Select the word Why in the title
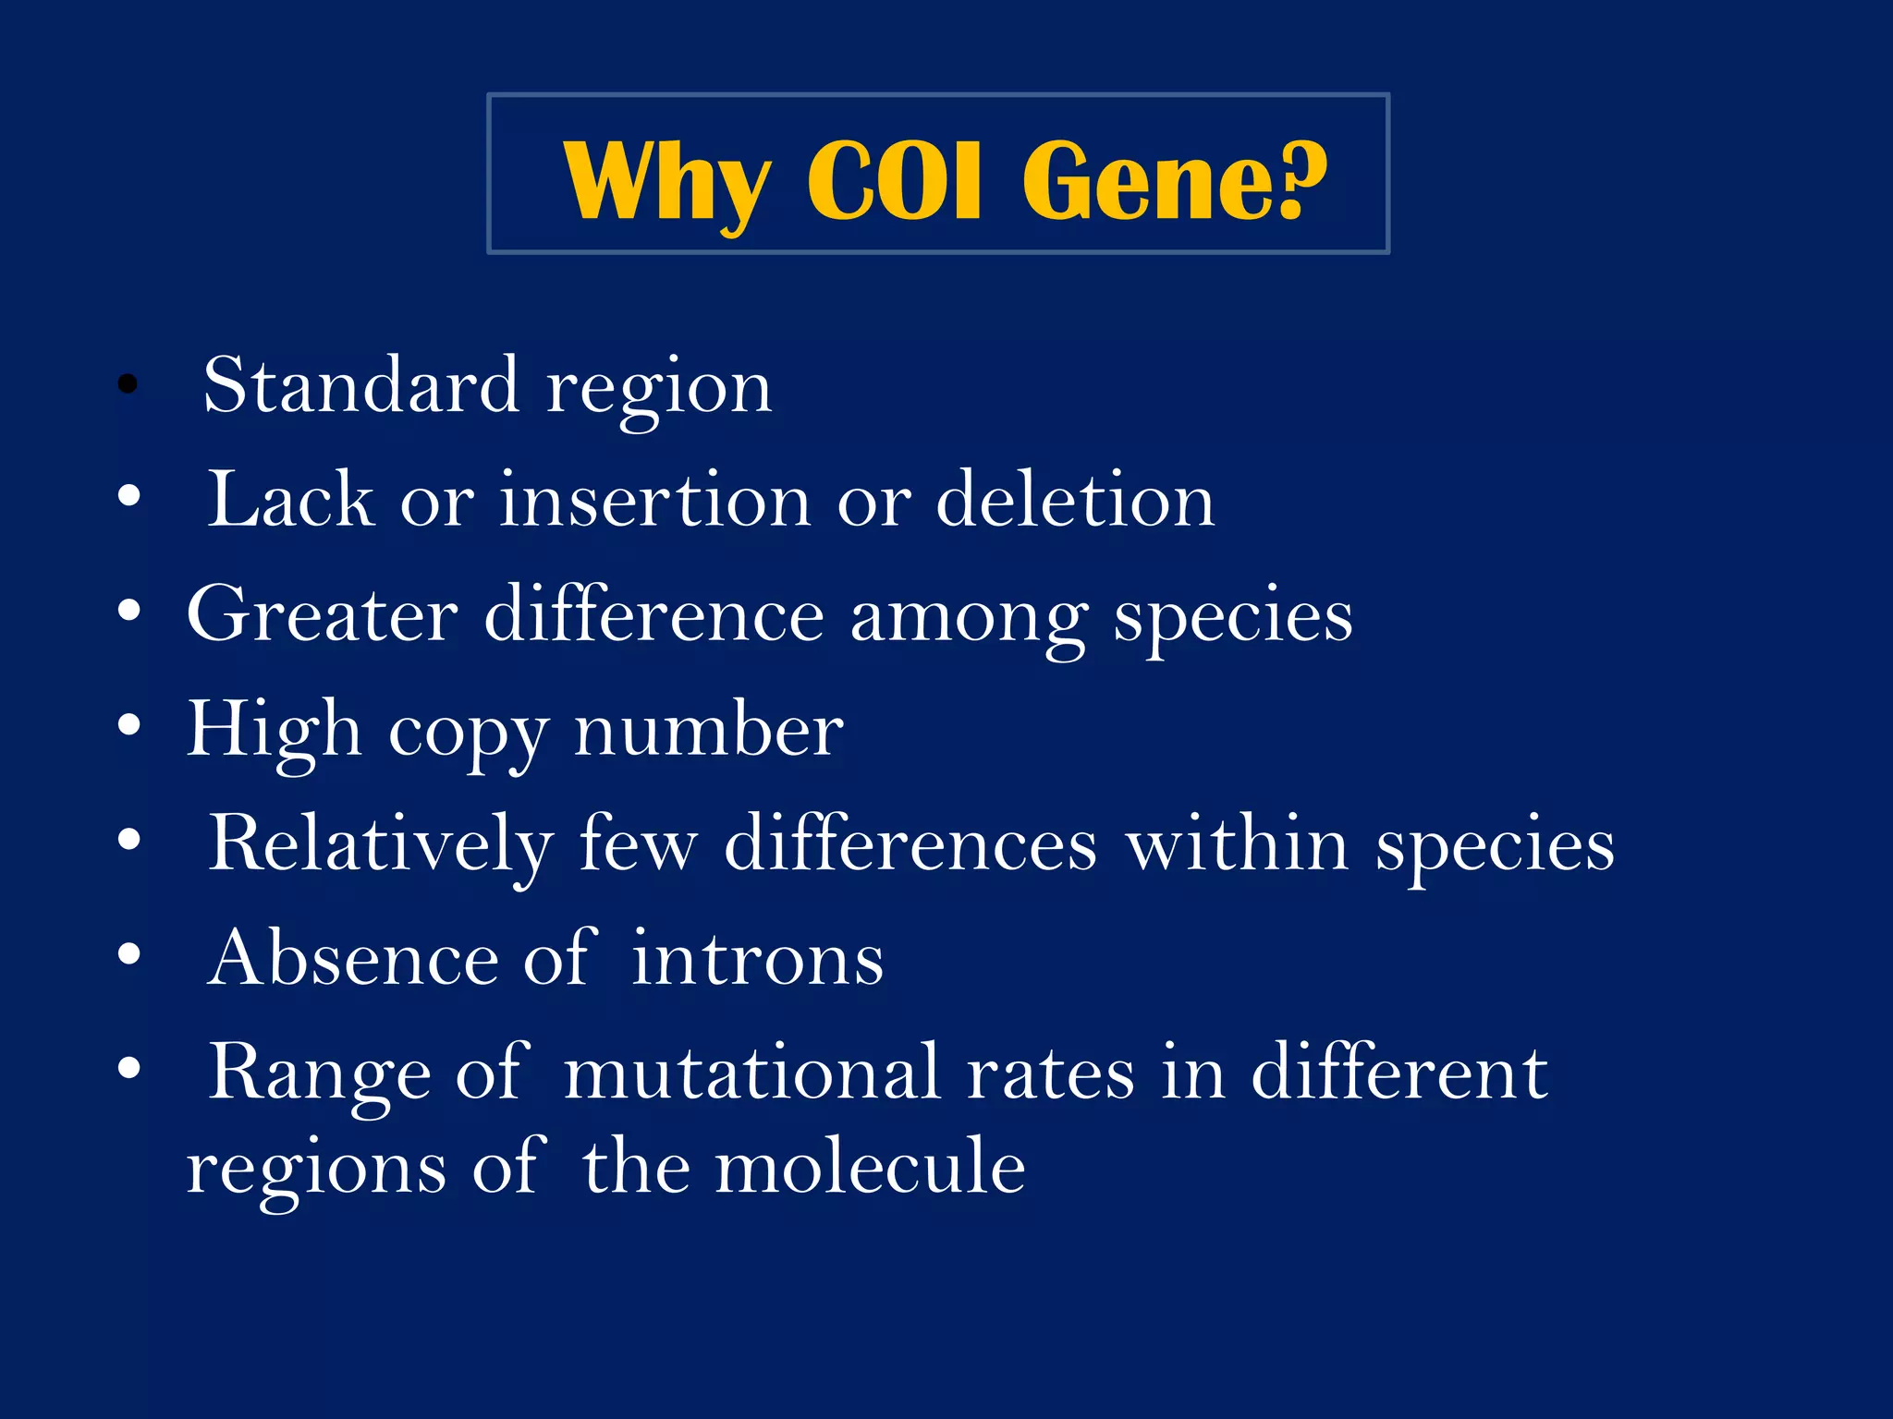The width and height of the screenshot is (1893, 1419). [666, 183]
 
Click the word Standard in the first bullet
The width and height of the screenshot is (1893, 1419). [360, 385]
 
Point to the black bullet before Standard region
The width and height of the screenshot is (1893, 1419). [128, 383]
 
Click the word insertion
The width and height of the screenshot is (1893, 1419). [655, 500]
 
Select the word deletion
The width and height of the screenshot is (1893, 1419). [1075, 500]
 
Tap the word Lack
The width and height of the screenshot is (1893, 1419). [290, 500]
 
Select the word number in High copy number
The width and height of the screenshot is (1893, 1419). [708, 730]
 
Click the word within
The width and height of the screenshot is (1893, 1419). [1237, 843]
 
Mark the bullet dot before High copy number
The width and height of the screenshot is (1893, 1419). [129, 726]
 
